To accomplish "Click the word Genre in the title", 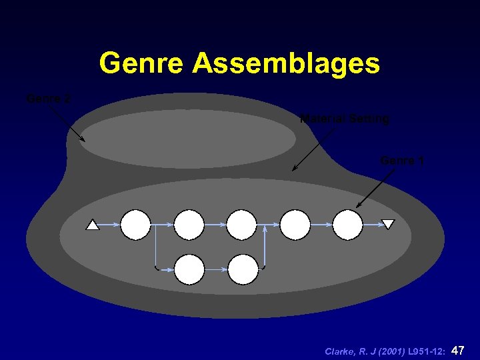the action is point(142,64).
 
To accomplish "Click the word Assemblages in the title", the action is point(286,64).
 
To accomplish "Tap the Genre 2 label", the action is point(48,99).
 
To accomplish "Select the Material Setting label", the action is point(345,119).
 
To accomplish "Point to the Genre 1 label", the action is point(402,160).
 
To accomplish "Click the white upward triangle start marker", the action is point(93,225).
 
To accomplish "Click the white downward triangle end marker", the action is point(388,225).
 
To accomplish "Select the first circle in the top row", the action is point(135,225).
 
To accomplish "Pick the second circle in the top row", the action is point(189,225).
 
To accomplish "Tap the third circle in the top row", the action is point(241,225).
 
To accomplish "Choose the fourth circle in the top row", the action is point(295,225).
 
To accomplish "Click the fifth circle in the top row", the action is point(347,225).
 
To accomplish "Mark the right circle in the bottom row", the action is point(243,269).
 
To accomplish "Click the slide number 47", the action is point(458,350).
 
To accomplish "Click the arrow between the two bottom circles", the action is point(216,269).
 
